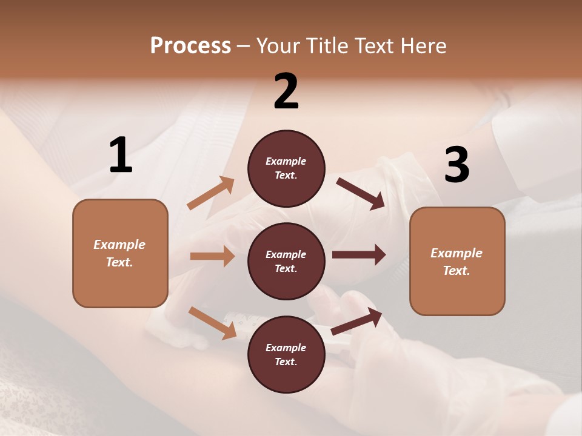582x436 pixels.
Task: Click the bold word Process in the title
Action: tap(190, 45)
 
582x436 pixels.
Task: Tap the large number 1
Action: tap(121, 155)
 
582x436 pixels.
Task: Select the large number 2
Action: tap(286, 91)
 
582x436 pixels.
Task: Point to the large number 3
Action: tap(457, 165)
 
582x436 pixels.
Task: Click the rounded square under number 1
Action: tap(120, 253)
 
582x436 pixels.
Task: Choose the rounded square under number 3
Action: tap(457, 261)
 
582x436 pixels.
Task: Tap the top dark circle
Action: tap(286, 168)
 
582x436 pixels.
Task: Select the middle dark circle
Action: tap(286, 261)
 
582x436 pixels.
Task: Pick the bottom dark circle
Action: tap(286, 354)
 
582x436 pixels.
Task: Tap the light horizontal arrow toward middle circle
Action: tap(212, 256)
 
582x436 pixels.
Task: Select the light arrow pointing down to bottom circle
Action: tap(212, 322)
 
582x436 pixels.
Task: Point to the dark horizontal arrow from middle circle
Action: tap(359, 254)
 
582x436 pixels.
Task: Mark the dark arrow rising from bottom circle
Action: tap(356, 321)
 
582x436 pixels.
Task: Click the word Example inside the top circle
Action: tap(286, 161)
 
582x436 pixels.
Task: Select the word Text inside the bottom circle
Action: tap(285, 362)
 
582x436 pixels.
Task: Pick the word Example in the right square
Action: tap(457, 253)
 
